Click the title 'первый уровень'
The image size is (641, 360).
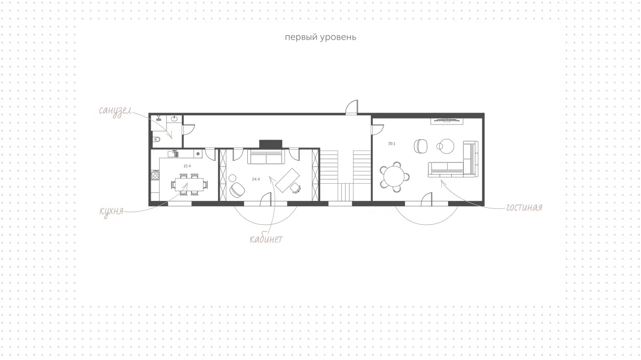(x=320, y=37)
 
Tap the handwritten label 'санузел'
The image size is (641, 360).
(x=115, y=111)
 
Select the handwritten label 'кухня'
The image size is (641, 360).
(x=111, y=212)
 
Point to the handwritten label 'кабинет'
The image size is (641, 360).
(x=266, y=239)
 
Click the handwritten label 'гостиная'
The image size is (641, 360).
(x=524, y=207)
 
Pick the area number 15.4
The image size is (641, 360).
(x=187, y=166)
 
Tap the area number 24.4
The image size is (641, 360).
(x=256, y=179)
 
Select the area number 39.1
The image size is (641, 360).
(x=392, y=144)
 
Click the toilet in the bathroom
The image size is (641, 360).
(x=156, y=139)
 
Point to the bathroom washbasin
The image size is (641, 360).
(x=175, y=119)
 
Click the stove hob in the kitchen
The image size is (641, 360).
(x=155, y=175)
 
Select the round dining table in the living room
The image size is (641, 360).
(x=394, y=176)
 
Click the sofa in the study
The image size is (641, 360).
(x=266, y=156)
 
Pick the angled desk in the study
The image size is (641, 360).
(x=287, y=181)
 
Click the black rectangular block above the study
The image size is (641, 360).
(x=271, y=144)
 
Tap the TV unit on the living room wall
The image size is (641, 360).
(x=447, y=121)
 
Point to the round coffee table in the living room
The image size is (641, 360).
(x=447, y=146)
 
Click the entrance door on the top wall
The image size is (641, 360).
(x=351, y=107)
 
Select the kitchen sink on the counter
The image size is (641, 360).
(x=173, y=154)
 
